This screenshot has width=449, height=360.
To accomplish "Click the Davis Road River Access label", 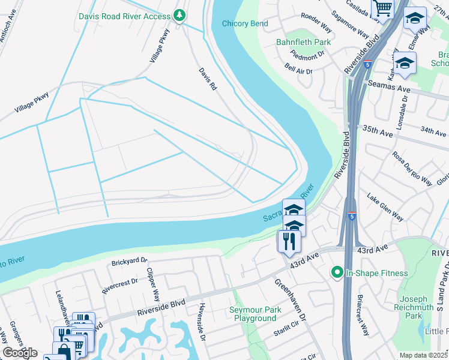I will (125, 16).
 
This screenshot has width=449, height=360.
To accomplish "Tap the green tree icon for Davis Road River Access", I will (179, 16).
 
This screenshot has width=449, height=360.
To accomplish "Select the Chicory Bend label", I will (245, 23).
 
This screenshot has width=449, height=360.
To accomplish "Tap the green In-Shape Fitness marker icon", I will (337, 273).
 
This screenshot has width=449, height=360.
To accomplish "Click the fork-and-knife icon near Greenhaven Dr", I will (289, 241).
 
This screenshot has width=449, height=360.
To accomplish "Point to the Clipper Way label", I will (154, 284).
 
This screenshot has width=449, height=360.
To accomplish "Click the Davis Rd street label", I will (208, 79).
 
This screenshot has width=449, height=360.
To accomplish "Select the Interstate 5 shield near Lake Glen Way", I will (351, 215).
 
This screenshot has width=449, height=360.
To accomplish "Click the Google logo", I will (20, 353).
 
